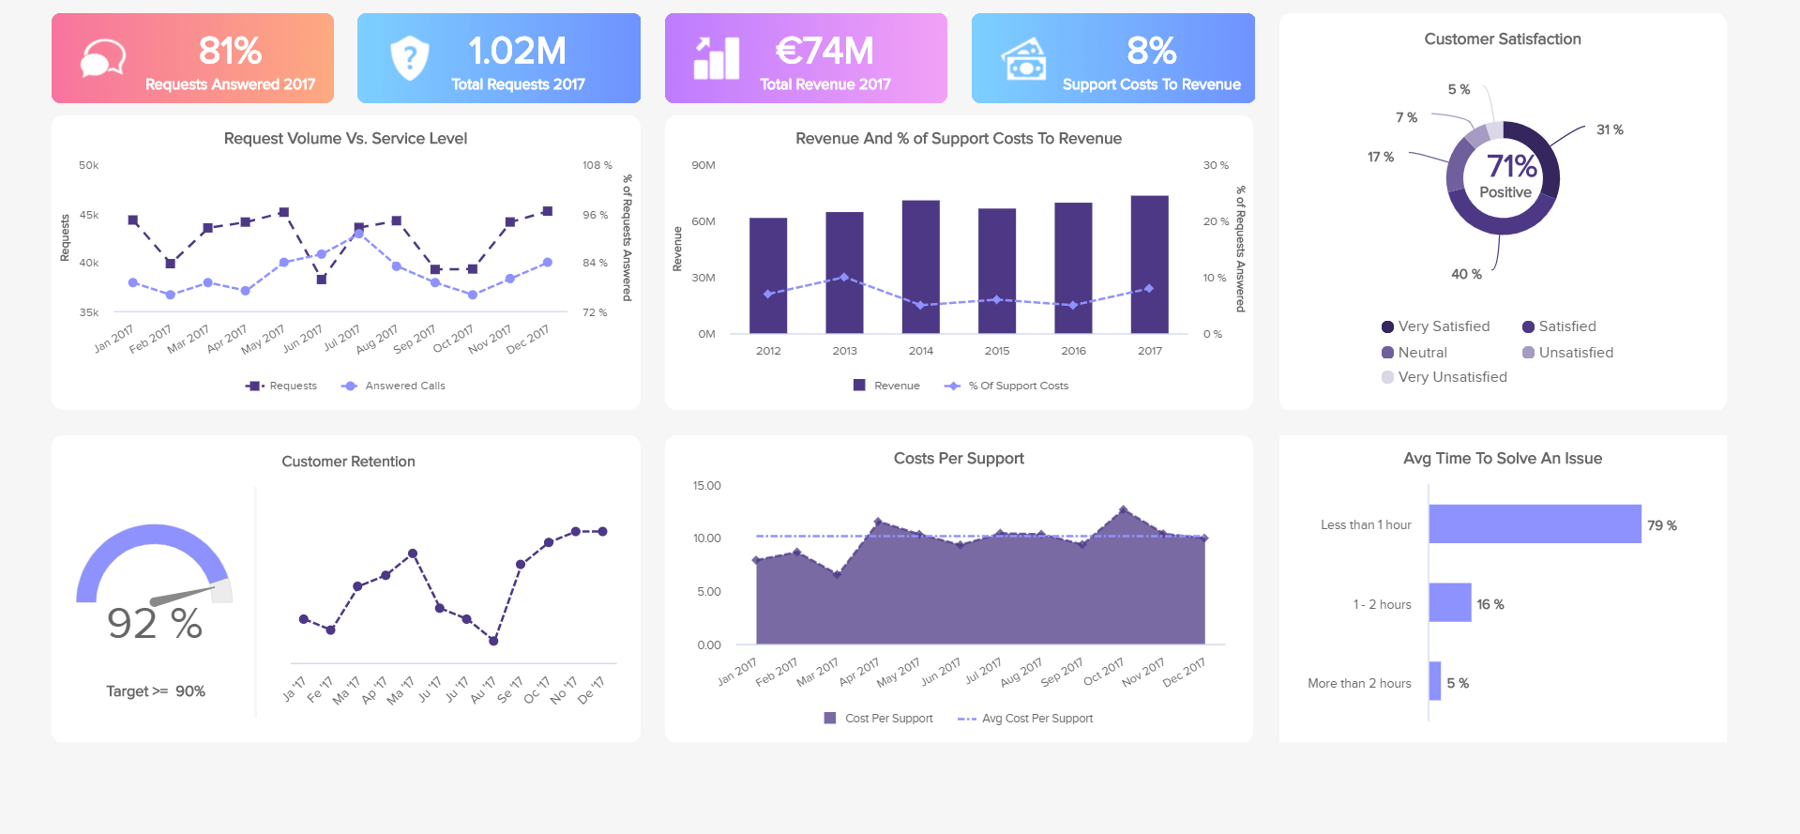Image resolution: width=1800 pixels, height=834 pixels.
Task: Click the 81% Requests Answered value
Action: [x=230, y=51]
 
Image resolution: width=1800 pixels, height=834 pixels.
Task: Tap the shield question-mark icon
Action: [x=410, y=58]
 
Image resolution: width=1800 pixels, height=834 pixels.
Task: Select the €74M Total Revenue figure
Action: [x=824, y=51]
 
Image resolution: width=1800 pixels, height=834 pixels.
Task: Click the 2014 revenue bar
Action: [x=920, y=267]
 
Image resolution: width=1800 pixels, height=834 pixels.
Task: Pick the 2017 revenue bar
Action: [x=1149, y=265]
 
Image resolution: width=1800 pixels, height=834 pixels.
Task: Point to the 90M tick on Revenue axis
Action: [x=703, y=165]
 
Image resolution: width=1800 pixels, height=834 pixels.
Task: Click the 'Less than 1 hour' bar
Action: [x=1535, y=524]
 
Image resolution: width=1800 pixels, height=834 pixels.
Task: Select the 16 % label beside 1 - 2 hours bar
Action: [x=1490, y=604]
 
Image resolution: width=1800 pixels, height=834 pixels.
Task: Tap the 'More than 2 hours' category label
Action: [x=1359, y=683]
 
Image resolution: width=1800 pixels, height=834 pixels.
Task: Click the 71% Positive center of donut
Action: [x=1505, y=176]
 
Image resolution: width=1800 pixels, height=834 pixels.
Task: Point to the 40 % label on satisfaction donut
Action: [x=1466, y=274]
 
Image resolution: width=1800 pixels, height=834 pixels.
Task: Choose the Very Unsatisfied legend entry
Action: [x=1445, y=377]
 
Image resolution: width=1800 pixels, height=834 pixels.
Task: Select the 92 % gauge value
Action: [x=155, y=624]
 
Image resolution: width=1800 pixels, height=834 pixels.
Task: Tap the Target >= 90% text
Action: [x=156, y=691]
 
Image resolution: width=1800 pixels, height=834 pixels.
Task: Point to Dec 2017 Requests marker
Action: [x=547, y=211]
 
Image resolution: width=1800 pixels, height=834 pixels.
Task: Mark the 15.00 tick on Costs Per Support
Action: [x=706, y=486]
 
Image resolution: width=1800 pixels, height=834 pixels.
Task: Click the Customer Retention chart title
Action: [x=348, y=462]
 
